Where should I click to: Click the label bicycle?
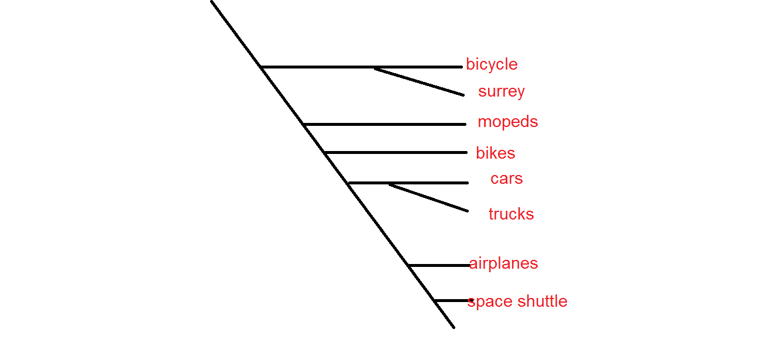pos(492,64)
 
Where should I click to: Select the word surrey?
pos(501,92)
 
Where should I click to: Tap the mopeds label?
pos(507,122)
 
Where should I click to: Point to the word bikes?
pos(495,153)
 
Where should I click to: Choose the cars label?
pos(506,179)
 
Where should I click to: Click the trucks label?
pos(511,214)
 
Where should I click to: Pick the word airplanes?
pos(503,263)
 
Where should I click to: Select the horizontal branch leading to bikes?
pos(395,153)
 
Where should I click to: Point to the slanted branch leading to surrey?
pos(419,82)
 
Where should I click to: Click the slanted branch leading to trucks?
pos(428,197)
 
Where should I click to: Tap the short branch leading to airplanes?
pos(439,266)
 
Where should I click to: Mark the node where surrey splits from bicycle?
pos(375,68)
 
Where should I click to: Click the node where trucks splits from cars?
pos(389,184)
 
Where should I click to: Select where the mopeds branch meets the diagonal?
pos(304,124)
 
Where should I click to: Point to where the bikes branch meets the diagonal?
pos(324,153)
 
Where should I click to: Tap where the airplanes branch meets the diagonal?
pos(408,266)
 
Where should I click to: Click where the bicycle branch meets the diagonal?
pos(262,67)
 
